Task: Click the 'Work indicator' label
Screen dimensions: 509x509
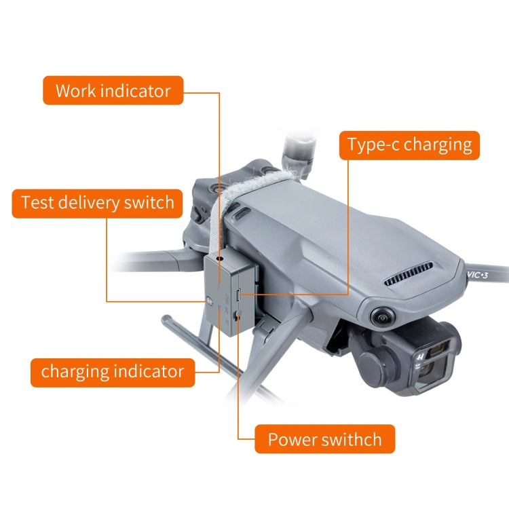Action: tap(113, 90)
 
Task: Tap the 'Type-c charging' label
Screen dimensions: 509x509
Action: tap(409, 145)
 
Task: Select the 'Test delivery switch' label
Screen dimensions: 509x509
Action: tap(97, 203)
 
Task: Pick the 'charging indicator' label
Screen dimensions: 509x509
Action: tap(113, 372)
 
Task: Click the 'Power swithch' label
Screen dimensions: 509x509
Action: tap(324, 439)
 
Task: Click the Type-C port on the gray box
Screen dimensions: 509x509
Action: tap(240, 295)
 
